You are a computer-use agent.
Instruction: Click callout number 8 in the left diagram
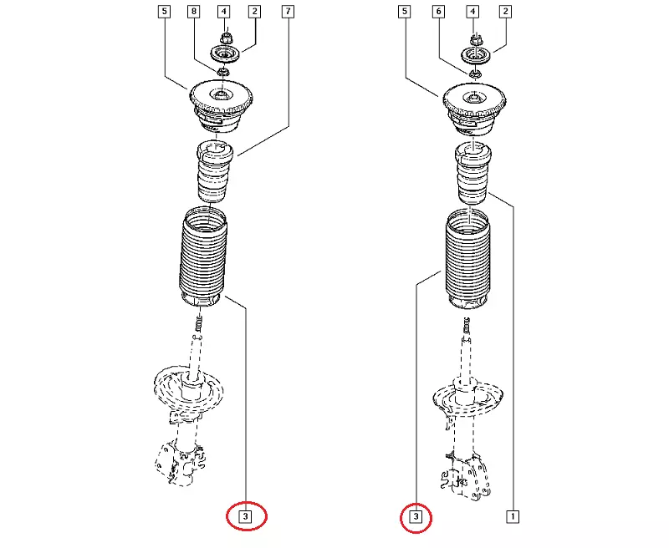point(194,12)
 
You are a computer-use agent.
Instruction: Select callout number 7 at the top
point(288,12)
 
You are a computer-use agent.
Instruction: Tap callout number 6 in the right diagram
point(438,12)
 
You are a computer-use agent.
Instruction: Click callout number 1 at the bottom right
point(513,517)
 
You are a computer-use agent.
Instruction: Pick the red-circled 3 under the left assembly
point(245,516)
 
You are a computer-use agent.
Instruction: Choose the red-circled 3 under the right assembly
point(416,517)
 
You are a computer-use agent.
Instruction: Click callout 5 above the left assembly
point(164,12)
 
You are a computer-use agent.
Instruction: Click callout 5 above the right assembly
point(405,12)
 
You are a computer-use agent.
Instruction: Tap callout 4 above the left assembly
point(224,12)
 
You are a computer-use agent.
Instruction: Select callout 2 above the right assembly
point(506,12)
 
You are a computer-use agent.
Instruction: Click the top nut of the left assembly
point(227,38)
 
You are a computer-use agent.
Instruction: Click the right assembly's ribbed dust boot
point(468,259)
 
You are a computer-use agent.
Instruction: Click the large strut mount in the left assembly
point(221,107)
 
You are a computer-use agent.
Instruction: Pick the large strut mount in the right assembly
point(474,109)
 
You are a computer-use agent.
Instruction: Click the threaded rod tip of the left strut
point(198,324)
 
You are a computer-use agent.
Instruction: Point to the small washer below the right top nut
point(476,74)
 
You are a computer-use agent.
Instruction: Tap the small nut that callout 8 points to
point(222,72)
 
